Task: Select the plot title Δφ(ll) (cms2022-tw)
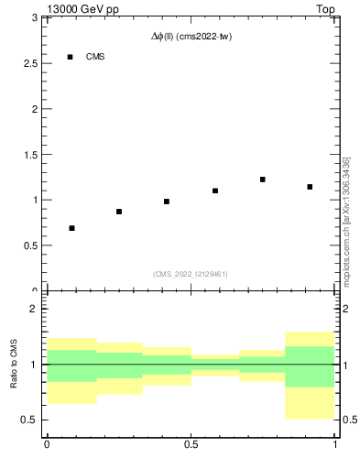(190, 38)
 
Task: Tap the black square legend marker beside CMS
(71, 57)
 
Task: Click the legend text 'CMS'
(95, 57)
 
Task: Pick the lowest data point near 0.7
(71, 228)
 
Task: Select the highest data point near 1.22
(263, 180)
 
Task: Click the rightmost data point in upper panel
(311, 187)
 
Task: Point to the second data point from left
(119, 212)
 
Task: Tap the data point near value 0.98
(167, 202)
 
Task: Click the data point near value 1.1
(215, 191)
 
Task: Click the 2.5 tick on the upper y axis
(30, 63)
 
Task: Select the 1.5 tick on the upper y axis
(30, 154)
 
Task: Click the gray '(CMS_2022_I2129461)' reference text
(190, 274)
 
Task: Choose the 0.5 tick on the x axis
(191, 445)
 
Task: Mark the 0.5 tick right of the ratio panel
(349, 420)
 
